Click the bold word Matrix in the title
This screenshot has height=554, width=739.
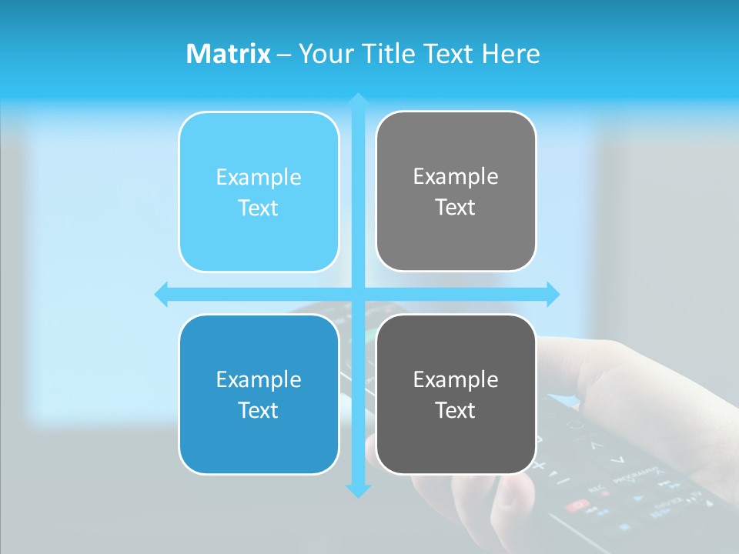pyautogui.click(x=229, y=54)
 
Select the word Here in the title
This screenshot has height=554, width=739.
pyautogui.click(x=510, y=54)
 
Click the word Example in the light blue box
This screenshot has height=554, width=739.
pyautogui.click(x=259, y=178)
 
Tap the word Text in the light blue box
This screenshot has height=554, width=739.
pyautogui.click(x=259, y=208)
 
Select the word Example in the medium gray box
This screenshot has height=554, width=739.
pyautogui.click(x=456, y=177)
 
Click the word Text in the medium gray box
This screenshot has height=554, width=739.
pyautogui.click(x=456, y=207)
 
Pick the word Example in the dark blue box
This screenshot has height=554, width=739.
pyautogui.click(x=259, y=380)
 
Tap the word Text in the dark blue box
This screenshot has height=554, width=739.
pyautogui.click(x=259, y=410)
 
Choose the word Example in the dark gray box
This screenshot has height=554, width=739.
pyautogui.click(x=456, y=379)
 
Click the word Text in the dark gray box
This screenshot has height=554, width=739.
pyautogui.click(x=456, y=410)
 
